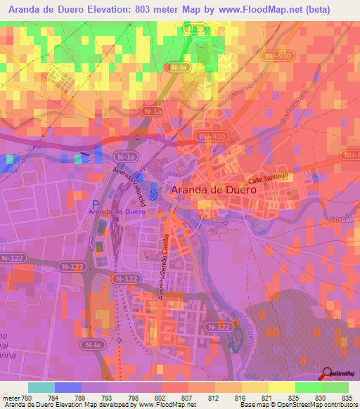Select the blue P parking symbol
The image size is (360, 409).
(96, 202)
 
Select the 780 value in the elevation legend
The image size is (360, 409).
(28, 397)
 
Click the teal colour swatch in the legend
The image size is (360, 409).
(41, 387)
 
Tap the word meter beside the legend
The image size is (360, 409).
(11, 397)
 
